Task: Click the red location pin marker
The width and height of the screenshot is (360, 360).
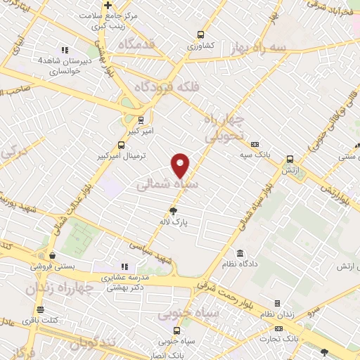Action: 181,165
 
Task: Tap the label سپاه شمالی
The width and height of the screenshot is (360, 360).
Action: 167,184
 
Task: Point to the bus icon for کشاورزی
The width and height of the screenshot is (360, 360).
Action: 201,34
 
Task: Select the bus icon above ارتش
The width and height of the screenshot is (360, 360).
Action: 290,160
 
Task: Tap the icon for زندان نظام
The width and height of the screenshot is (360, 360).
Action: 277,304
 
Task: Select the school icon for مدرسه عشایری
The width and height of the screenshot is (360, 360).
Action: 124,267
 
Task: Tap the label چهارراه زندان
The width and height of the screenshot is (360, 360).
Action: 60,288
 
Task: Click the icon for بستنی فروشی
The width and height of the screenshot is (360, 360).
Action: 52,256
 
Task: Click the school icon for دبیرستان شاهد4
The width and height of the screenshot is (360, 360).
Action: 65,50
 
